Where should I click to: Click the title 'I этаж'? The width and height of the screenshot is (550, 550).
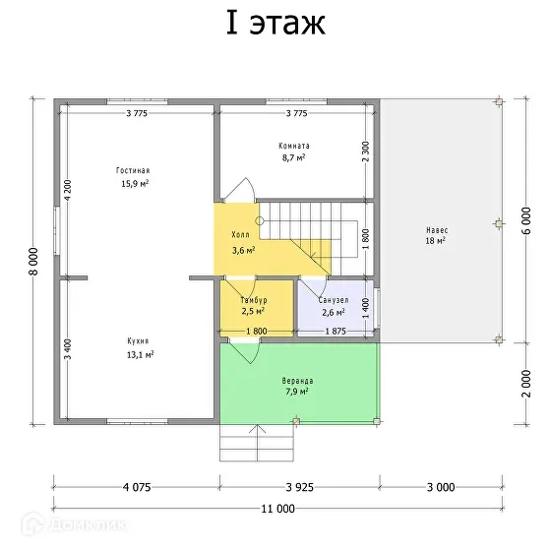(275, 24)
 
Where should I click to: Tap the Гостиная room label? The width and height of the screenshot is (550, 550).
(135, 176)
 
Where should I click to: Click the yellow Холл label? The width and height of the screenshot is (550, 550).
(242, 243)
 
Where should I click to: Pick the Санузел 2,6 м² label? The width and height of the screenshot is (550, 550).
(333, 305)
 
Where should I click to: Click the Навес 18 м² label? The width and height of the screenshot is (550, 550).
(436, 234)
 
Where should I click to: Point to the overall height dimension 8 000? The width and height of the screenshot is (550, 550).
(32, 262)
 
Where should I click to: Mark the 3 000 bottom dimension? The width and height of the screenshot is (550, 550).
(439, 486)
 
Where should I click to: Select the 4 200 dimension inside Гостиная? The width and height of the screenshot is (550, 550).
(68, 191)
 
